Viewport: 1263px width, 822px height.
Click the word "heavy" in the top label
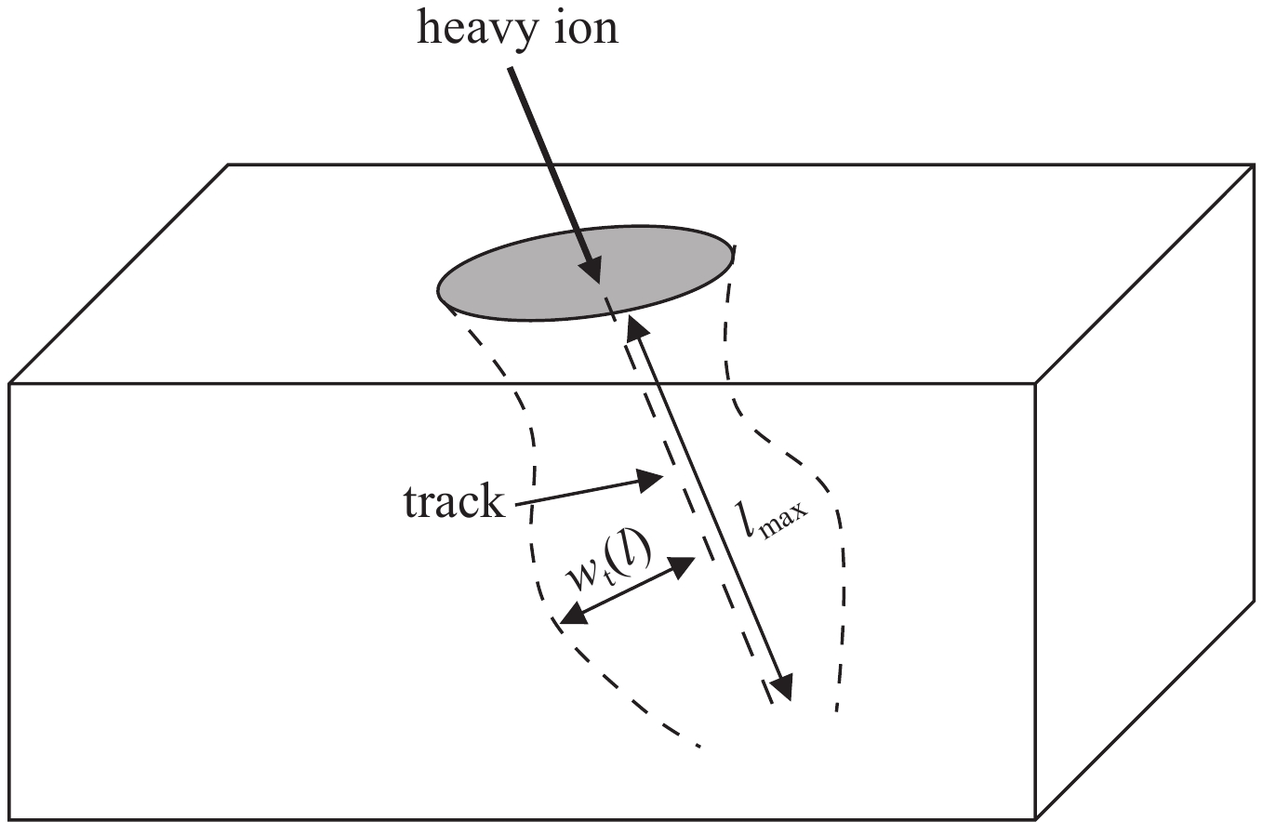coord(477,30)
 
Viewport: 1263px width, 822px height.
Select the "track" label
coord(454,501)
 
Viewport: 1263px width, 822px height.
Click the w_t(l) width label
coord(609,561)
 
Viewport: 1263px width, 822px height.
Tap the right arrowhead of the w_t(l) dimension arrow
coord(681,567)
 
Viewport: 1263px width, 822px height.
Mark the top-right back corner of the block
coord(1255,165)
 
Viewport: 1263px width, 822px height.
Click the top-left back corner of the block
coord(228,165)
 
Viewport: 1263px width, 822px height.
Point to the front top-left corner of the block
coord(9,384)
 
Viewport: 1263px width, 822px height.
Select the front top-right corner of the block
coord(1035,384)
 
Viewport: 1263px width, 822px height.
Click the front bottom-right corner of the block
coord(1035,818)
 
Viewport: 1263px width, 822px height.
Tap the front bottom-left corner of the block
coord(9,818)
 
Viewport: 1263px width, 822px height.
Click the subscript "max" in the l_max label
coord(784,522)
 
